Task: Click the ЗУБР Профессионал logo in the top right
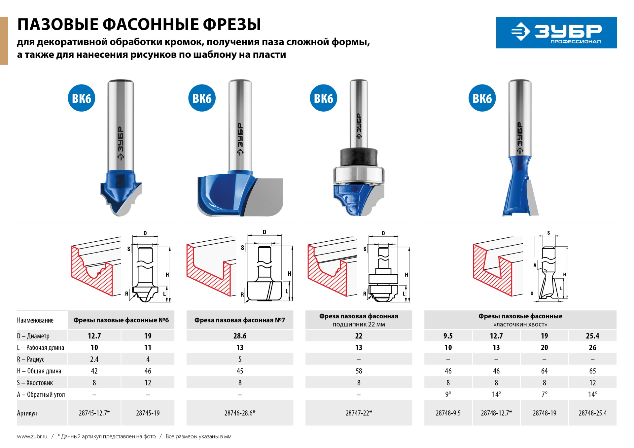pyautogui.click(x=556, y=33)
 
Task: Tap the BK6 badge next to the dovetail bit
pyautogui.click(x=482, y=98)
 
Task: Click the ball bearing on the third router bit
pyautogui.click(x=359, y=175)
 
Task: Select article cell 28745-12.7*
pyautogui.click(x=94, y=413)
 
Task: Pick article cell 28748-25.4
pyautogui.click(x=592, y=413)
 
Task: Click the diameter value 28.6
pyautogui.click(x=240, y=336)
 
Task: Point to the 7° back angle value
pyautogui.click(x=544, y=394)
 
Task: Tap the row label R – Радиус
pyautogui.click(x=31, y=359)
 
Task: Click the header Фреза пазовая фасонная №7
pyautogui.click(x=240, y=320)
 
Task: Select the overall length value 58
pyautogui.click(x=359, y=371)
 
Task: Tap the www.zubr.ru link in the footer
pyautogui.click(x=32, y=436)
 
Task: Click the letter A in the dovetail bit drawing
pyautogui.click(x=535, y=265)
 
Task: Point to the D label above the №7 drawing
pyautogui.click(x=264, y=232)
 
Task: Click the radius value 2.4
pyautogui.click(x=94, y=359)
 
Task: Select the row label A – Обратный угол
pyautogui.click(x=41, y=395)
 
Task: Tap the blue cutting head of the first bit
pyautogui.click(x=119, y=188)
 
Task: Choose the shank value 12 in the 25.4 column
pyautogui.click(x=592, y=383)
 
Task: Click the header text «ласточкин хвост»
pyautogui.click(x=520, y=325)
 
